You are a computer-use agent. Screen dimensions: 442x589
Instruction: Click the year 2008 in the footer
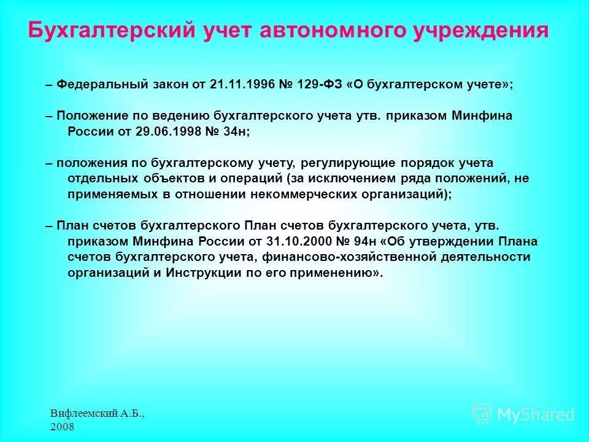point(62,427)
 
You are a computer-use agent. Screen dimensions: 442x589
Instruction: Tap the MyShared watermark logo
point(523,414)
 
